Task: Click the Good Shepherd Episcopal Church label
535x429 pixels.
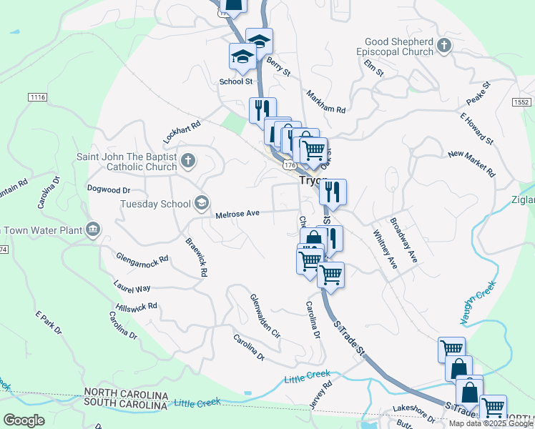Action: pos(398,47)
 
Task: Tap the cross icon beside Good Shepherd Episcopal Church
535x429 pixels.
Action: pos(444,46)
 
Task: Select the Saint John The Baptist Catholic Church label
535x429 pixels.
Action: pos(127,162)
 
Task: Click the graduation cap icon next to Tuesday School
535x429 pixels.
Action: pos(201,204)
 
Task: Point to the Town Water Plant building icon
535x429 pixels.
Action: pos(92,229)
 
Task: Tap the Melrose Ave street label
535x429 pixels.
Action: pos(237,213)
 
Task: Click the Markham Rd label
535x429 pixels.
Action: pos(325,102)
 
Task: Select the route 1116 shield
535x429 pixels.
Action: pos(38,97)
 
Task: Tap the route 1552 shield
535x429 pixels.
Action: pos(522,102)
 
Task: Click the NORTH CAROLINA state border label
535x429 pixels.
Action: pos(125,395)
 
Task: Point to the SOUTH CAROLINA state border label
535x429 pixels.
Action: pos(125,405)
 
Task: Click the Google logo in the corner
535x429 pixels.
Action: pos(24,420)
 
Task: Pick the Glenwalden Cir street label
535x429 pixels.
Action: pos(265,315)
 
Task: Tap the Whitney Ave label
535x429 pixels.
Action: pos(385,248)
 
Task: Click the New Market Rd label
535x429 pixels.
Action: pos(471,164)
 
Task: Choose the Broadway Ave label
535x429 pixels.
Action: pos(404,241)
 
